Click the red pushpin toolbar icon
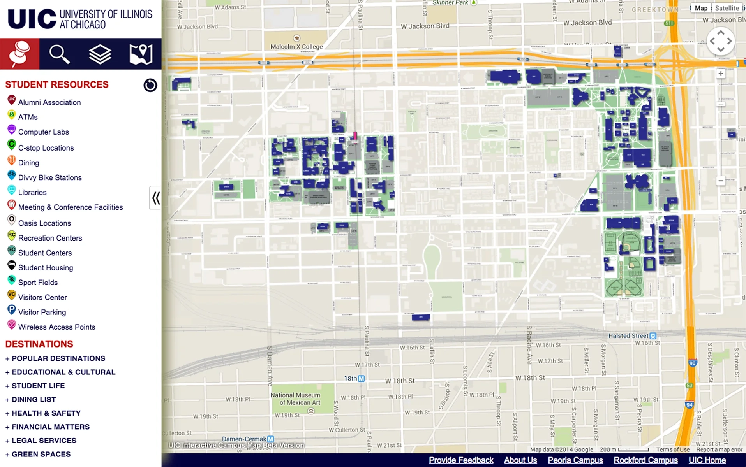(19, 54)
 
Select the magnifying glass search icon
(59, 54)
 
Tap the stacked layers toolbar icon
(100, 54)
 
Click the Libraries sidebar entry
(32, 192)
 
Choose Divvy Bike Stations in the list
(49, 177)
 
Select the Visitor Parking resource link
(42, 312)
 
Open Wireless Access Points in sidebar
(56, 327)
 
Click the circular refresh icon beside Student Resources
(150, 85)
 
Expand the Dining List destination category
(34, 399)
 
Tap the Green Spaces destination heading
(41, 454)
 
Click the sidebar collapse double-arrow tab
(156, 198)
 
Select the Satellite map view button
(727, 8)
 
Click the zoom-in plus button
(721, 74)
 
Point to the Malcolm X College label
(296, 46)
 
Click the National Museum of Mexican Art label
(295, 399)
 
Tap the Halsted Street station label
(628, 335)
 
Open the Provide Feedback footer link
(461, 460)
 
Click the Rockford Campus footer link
(645, 460)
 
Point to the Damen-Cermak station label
(244, 439)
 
